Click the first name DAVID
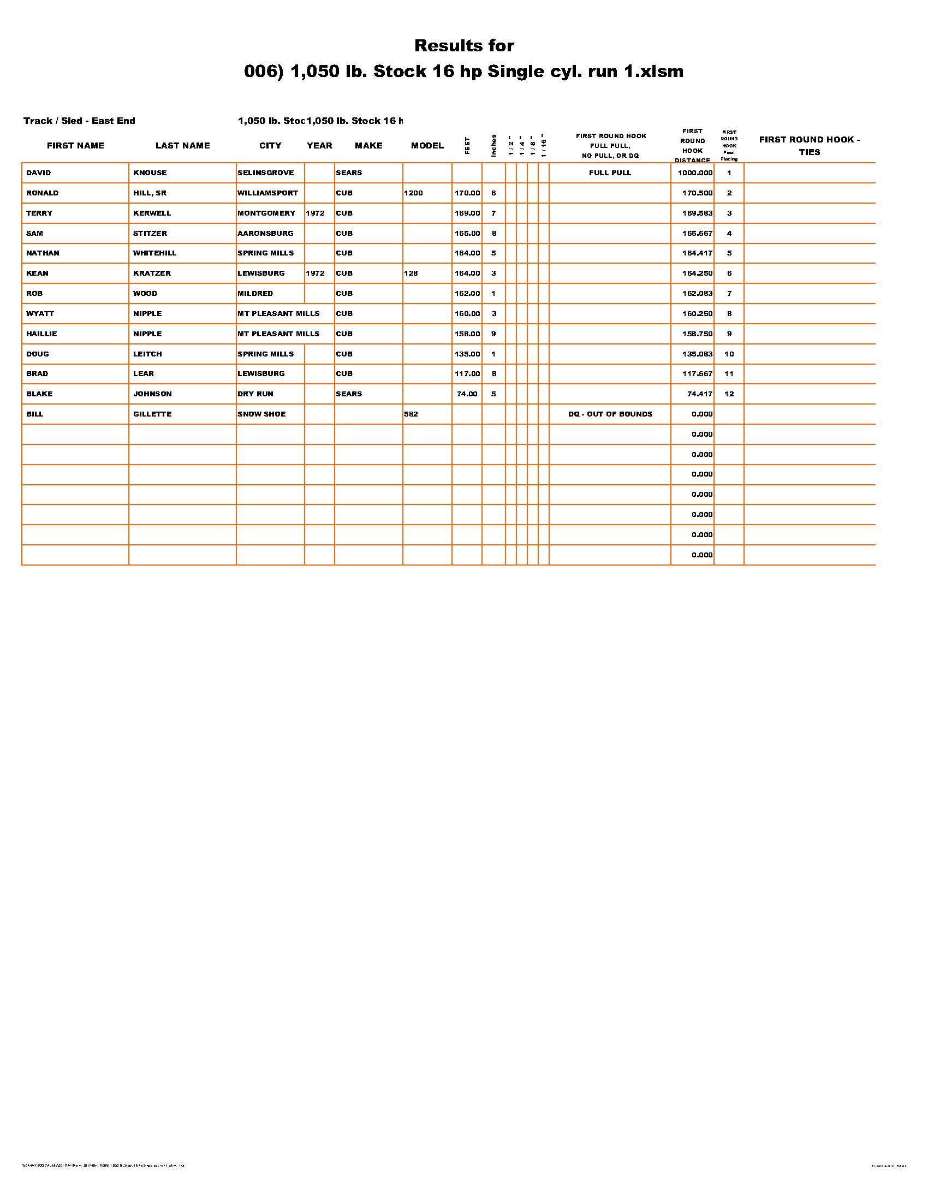point(38,173)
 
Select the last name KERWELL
point(152,213)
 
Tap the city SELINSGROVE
point(265,173)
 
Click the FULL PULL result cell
point(610,173)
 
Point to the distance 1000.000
point(695,173)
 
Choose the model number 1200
point(413,193)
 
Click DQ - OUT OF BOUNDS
point(610,414)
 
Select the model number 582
point(411,414)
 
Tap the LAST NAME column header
point(182,146)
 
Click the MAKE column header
point(368,146)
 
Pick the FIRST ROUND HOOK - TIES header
point(809,146)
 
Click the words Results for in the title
point(464,46)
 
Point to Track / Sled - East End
point(79,121)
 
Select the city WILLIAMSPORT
point(267,193)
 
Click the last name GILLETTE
point(152,414)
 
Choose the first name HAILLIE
point(42,334)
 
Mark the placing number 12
point(729,394)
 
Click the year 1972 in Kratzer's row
point(315,274)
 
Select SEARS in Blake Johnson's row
point(349,394)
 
